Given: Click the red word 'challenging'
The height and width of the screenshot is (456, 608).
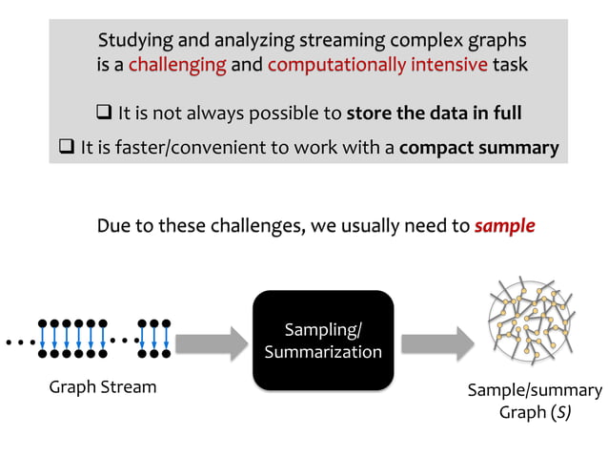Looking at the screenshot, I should coord(177,66).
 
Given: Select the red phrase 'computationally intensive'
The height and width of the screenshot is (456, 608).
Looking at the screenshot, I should coord(378,66).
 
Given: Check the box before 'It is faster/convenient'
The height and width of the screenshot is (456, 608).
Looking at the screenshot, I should coord(66,148).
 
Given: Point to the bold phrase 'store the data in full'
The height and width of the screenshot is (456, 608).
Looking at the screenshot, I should coord(434,114).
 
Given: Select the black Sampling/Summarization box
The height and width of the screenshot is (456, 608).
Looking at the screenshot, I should coord(322,341).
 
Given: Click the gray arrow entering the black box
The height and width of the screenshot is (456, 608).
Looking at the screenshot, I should coord(210,341).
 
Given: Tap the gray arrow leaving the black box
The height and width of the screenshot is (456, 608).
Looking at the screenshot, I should coord(436,341).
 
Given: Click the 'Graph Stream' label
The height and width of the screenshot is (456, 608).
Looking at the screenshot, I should coord(102,387).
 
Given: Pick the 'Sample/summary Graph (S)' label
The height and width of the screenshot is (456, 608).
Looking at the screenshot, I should coord(534,402).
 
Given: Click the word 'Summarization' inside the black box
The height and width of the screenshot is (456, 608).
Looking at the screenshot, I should coord(322,352).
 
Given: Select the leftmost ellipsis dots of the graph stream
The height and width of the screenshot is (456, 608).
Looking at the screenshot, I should coord(18,341).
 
